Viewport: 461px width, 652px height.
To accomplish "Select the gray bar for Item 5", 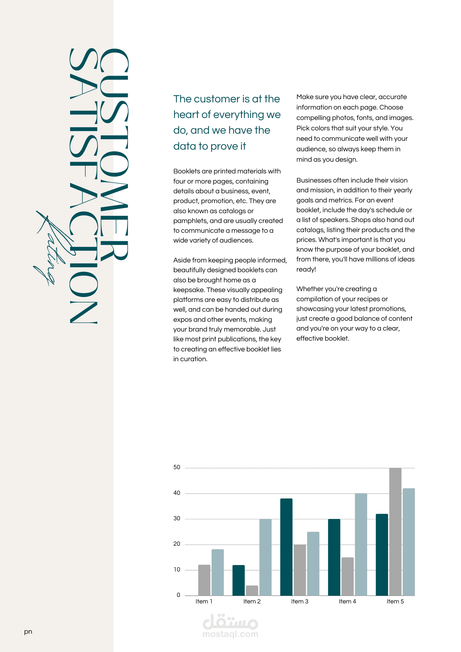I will (395, 531).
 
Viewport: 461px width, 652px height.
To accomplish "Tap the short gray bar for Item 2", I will (252, 590).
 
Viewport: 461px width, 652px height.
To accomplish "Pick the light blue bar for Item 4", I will (361, 544).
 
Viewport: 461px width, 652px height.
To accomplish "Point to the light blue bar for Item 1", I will (217, 572).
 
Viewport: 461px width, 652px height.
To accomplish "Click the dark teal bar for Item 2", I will (238, 580).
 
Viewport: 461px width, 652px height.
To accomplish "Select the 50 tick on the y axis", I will (177, 467).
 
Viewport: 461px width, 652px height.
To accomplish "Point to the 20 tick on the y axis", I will (177, 544).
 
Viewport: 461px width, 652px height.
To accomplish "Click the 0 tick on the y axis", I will (178, 595).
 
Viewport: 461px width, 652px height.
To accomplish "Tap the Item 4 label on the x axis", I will (347, 601).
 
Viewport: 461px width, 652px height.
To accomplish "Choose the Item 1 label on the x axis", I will (204, 601).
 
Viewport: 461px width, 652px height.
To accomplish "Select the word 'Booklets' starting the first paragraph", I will (186, 171).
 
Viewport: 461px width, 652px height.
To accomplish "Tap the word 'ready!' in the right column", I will (306, 269).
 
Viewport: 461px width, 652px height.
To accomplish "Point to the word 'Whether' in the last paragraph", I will (308, 289).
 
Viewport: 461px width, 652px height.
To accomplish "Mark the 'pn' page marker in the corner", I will (28, 632).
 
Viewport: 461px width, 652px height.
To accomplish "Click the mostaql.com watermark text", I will (230, 634).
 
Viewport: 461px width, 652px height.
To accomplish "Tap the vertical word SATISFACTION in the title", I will (83, 186).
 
